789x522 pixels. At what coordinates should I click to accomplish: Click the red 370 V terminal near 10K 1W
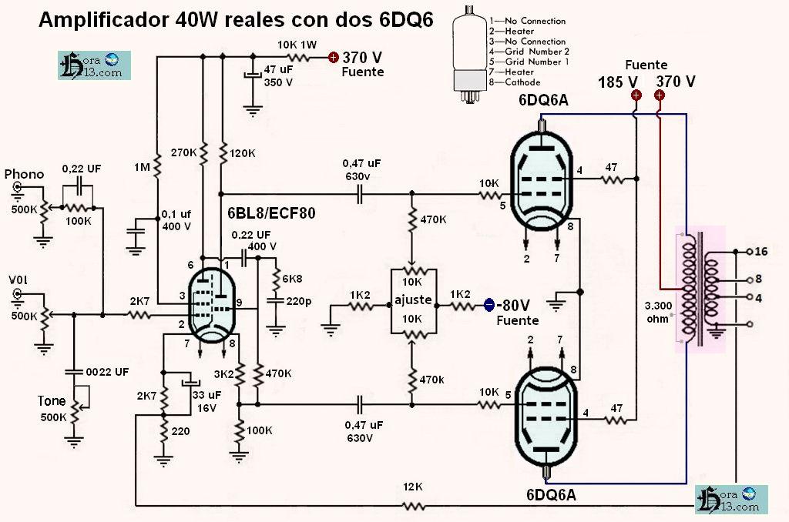click(333, 56)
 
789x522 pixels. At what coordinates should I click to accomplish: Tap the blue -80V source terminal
click(489, 305)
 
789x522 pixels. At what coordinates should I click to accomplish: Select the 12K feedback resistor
click(414, 506)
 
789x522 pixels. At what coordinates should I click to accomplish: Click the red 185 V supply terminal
click(636, 95)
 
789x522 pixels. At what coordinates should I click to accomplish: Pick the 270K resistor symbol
click(203, 153)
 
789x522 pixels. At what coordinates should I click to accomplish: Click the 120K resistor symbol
click(222, 153)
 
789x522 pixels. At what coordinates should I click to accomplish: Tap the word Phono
click(23, 174)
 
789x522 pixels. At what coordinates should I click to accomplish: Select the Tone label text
click(51, 402)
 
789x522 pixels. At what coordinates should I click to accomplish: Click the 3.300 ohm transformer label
click(659, 311)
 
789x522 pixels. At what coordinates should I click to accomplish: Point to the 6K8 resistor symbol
click(277, 278)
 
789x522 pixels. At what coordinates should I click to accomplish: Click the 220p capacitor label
click(297, 302)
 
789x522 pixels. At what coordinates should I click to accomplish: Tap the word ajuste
click(412, 300)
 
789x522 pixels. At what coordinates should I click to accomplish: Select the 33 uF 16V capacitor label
click(205, 400)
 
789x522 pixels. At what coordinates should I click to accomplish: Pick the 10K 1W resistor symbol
click(300, 56)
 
